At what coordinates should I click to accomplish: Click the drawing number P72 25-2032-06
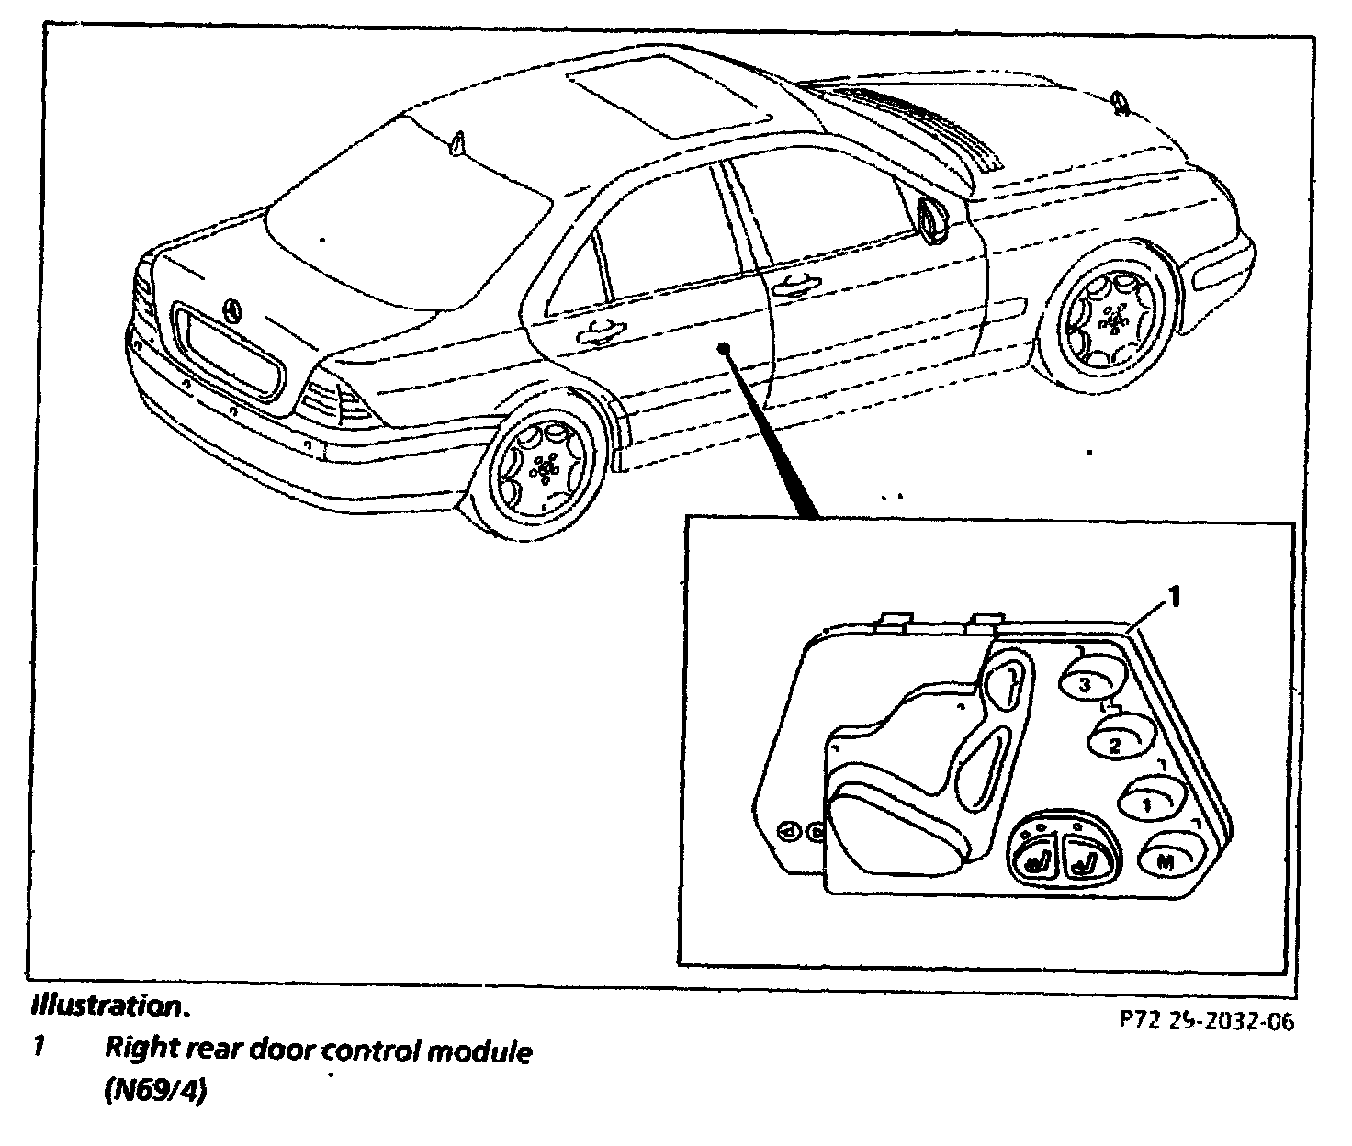(1206, 1022)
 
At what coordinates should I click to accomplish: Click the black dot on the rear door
(725, 348)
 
